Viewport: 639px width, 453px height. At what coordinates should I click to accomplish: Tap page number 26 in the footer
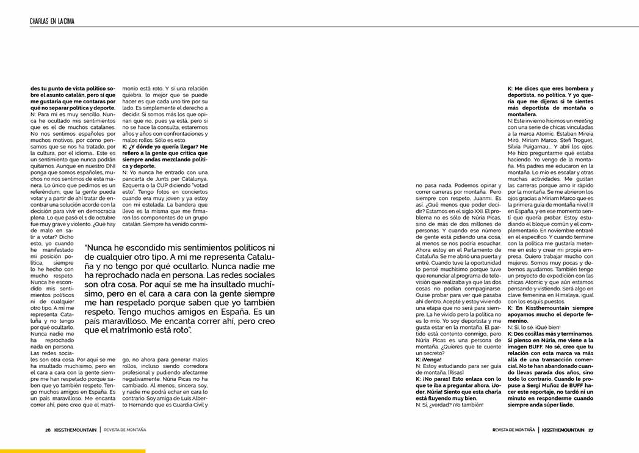48,429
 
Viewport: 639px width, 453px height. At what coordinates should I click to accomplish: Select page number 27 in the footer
591,429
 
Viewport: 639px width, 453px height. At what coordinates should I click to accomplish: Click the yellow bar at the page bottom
73,451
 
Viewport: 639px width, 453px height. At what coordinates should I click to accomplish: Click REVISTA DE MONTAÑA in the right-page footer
514,429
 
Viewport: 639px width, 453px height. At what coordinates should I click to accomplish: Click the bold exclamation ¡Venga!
428,359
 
